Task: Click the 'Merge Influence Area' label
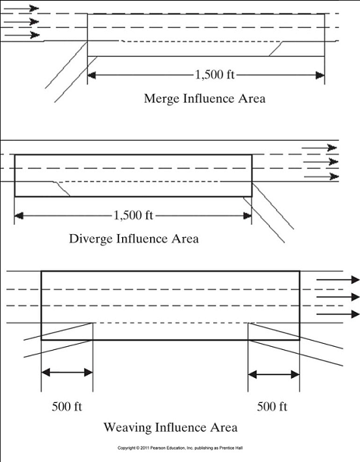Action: pyautogui.click(x=204, y=99)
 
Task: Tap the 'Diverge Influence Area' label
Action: pyautogui.click(x=134, y=238)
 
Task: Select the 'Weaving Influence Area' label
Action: pyautogui.click(x=170, y=427)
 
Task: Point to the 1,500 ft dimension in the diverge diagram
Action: pyautogui.click(x=133, y=215)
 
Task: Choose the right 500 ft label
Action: pyautogui.click(x=272, y=407)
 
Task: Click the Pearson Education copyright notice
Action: pyautogui.click(x=180, y=449)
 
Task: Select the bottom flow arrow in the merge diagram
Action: pyautogui.click(x=21, y=35)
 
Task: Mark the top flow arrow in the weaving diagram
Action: pyautogui.click(x=338, y=279)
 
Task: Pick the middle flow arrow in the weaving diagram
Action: pyautogui.click(x=338, y=296)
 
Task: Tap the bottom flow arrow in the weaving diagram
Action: pyautogui.click(x=338, y=314)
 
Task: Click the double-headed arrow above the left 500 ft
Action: pyautogui.click(x=67, y=373)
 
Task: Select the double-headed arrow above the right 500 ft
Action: pyautogui.click(x=274, y=375)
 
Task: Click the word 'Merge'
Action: pyautogui.click(x=162, y=99)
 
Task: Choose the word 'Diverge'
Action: pyautogui.click(x=91, y=238)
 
